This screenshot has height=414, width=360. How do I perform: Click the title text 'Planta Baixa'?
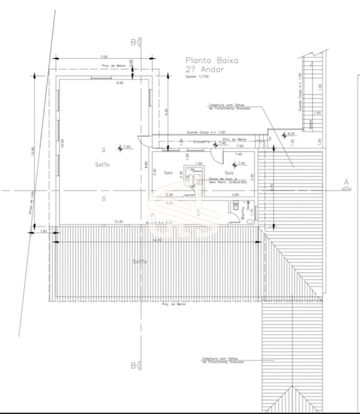click(x=211, y=61)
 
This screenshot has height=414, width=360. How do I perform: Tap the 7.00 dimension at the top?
click(x=104, y=57)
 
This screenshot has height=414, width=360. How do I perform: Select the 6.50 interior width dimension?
click(x=119, y=82)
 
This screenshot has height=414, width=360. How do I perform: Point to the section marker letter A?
click(x=346, y=183)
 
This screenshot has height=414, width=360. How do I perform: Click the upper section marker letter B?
click(x=133, y=42)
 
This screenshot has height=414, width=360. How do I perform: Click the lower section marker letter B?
click(x=133, y=366)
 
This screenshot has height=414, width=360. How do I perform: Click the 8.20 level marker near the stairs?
click(x=291, y=133)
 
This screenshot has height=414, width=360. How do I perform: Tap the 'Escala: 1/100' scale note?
click(x=197, y=77)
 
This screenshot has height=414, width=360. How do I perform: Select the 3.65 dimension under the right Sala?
click(x=235, y=195)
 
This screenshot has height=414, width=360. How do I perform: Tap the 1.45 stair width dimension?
click(x=317, y=113)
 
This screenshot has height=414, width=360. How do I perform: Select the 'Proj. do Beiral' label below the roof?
click(x=173, y=304)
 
